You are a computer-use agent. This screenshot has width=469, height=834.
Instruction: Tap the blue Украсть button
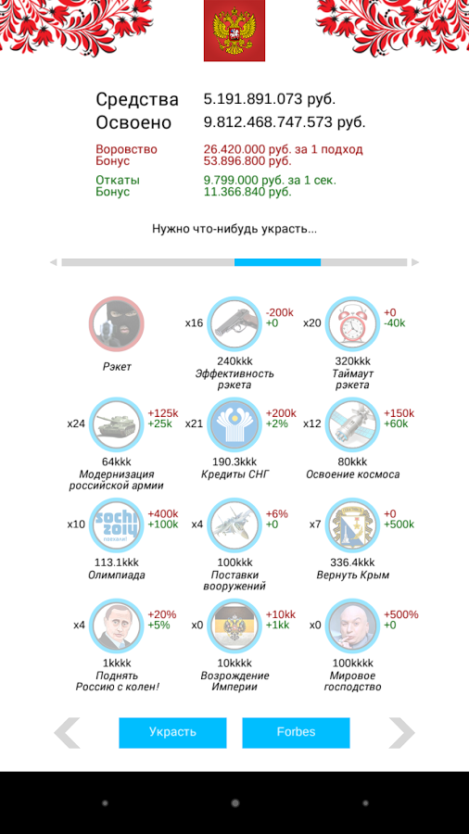point(172,732)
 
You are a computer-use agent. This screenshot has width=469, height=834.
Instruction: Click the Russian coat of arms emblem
point(234,31)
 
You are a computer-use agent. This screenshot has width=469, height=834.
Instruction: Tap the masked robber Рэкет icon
point(117,324)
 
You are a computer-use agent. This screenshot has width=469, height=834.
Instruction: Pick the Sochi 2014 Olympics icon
point(117,525)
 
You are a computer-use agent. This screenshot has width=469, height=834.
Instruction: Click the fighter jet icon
point(234,525)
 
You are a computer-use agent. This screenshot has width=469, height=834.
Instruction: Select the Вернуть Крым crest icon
point(352,525)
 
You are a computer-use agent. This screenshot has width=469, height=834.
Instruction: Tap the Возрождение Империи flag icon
point(234,626)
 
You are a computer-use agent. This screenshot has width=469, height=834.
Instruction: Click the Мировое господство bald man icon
point(352,626)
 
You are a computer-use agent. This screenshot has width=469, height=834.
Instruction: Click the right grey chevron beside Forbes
point(401,733)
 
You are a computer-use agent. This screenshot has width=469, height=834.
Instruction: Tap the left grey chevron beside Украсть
point(67,733)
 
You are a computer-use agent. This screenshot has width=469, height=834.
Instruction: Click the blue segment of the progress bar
point(277,262)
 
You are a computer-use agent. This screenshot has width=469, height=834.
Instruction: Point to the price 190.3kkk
point(234,461)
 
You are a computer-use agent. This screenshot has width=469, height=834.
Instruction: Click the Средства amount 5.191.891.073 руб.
point(270,99)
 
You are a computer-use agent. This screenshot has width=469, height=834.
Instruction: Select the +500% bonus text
point(401,614)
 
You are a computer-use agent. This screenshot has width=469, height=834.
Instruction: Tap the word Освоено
point(133,123)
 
